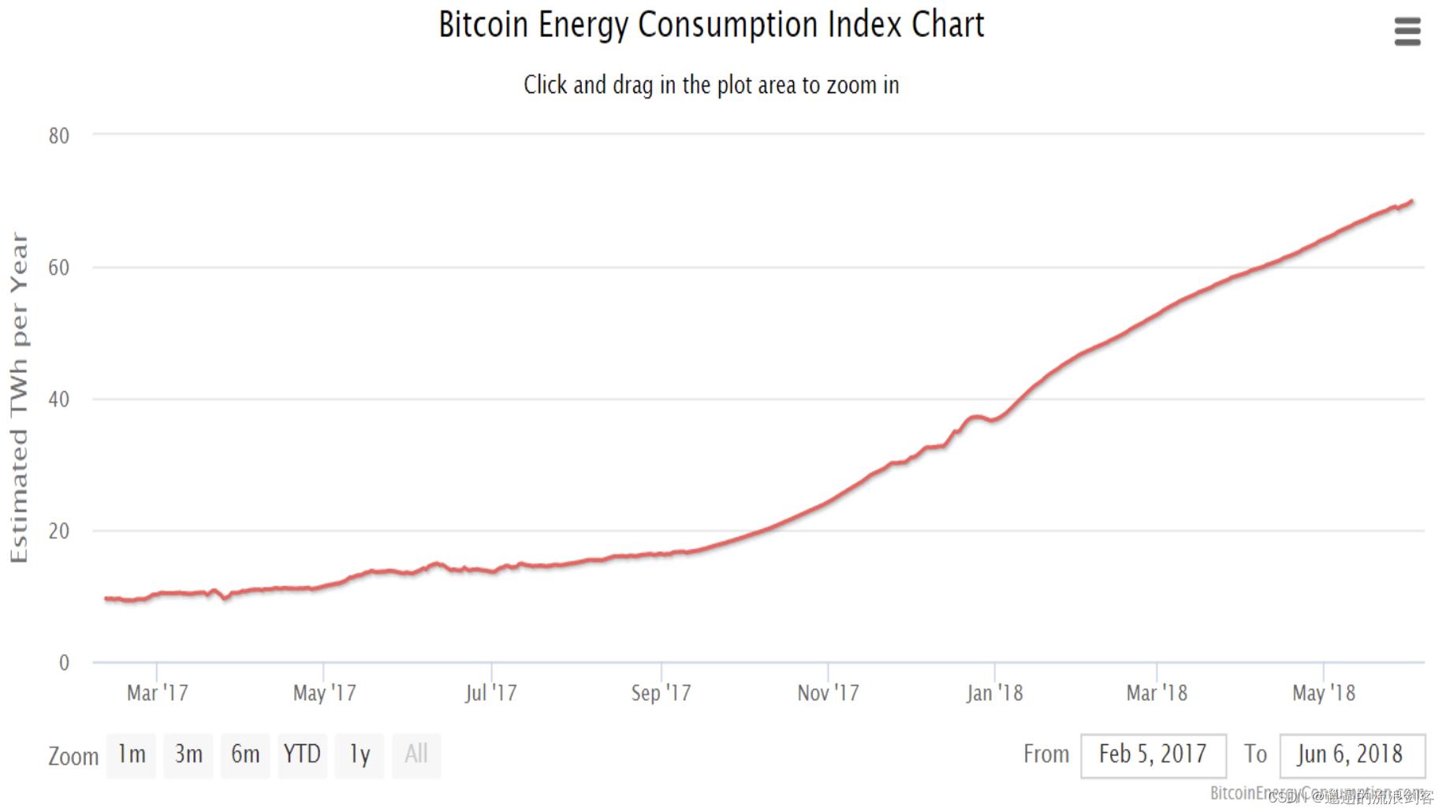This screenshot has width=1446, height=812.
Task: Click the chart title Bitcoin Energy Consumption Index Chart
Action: (x=711, y=25)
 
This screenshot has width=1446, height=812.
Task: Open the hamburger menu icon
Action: (x=1407, y=32)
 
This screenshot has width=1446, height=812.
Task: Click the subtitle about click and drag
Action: (x=711, y=85)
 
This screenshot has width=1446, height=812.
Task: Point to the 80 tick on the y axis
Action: (x=58, y=136)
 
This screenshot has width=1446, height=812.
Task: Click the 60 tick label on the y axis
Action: (x=58, y=268)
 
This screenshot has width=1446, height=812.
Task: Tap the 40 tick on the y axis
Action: (x=58, y=400)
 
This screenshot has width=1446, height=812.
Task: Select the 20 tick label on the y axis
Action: (x=58, y=531)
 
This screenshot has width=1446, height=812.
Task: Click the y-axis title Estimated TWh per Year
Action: (x=19, y=398)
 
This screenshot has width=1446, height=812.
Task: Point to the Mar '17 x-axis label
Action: (x=158, y=693)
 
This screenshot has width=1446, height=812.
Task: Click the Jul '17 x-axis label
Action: (x=490, y=693)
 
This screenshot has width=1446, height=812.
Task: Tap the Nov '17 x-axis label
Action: (x=828, y=693)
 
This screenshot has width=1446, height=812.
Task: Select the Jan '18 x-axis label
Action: (x=994, y=693)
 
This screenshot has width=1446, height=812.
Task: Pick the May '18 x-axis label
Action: (x=1323, y=693)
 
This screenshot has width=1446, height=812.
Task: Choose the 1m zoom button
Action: (x=132, y=755)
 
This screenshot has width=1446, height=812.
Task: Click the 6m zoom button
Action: (x=245, y=755)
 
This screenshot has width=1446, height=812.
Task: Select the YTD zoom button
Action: (x=302, y=755)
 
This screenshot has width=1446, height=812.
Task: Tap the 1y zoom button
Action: (x=360, y=755)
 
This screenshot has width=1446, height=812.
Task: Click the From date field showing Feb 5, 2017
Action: (x=1153, y=755)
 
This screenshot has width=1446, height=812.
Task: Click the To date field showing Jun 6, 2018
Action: (x=1351, y=755)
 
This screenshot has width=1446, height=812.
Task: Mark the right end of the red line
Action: (x=1411, y=202)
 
